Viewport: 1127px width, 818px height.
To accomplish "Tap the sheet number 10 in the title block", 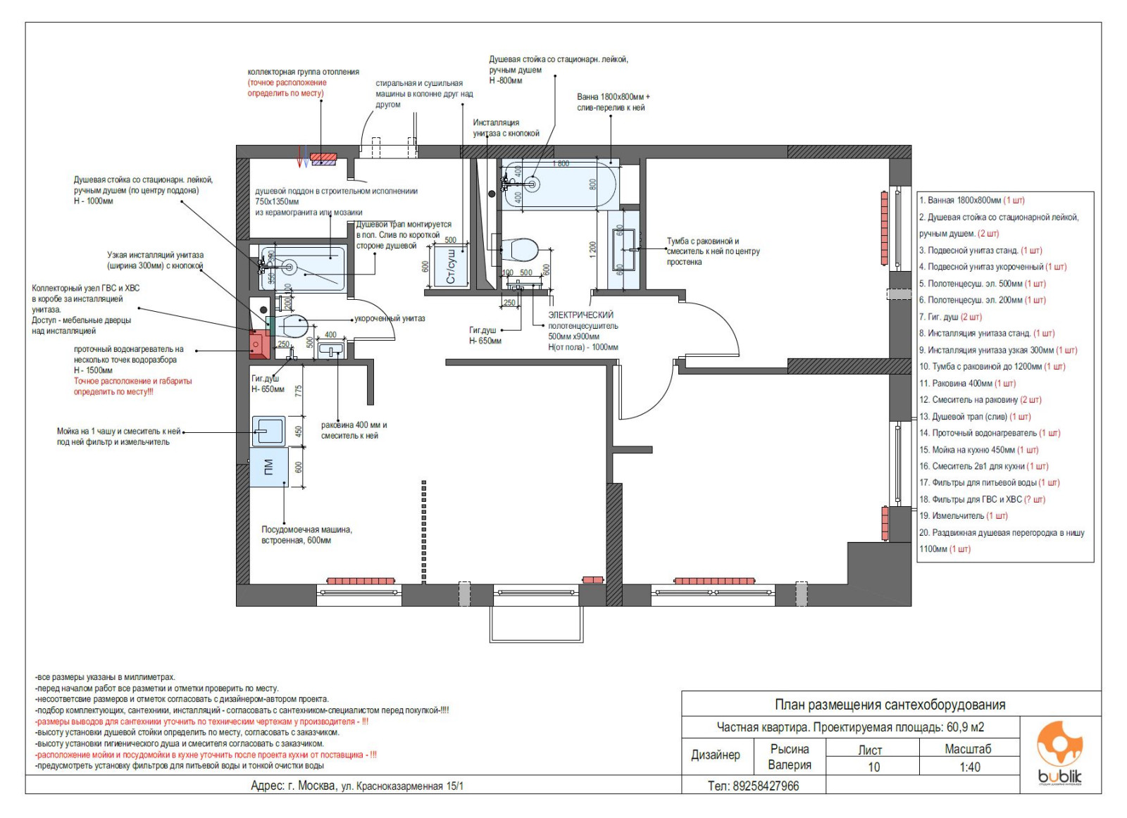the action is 873,767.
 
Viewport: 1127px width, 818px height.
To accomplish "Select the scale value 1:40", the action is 969,767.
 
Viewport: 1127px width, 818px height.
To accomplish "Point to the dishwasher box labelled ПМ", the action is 269,467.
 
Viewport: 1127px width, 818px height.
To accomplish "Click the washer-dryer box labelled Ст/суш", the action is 450,265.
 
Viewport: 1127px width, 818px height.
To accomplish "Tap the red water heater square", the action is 260,344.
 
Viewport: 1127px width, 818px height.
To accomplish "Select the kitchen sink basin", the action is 268,430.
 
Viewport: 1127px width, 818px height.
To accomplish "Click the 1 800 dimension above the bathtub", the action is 561,163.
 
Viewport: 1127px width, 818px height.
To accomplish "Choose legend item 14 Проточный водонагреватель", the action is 989,433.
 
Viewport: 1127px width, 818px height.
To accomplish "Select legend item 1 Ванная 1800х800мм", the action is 972,200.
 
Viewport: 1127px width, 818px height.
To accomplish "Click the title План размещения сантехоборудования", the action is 890,705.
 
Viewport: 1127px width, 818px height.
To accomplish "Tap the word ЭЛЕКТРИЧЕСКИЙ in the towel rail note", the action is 580,315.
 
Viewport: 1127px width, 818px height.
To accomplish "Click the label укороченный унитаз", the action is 390,318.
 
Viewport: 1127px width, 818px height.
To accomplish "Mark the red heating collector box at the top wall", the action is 323,159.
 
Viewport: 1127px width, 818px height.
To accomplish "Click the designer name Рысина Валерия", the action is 790,757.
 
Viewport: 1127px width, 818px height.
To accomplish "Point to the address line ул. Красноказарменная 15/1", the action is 402,786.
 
